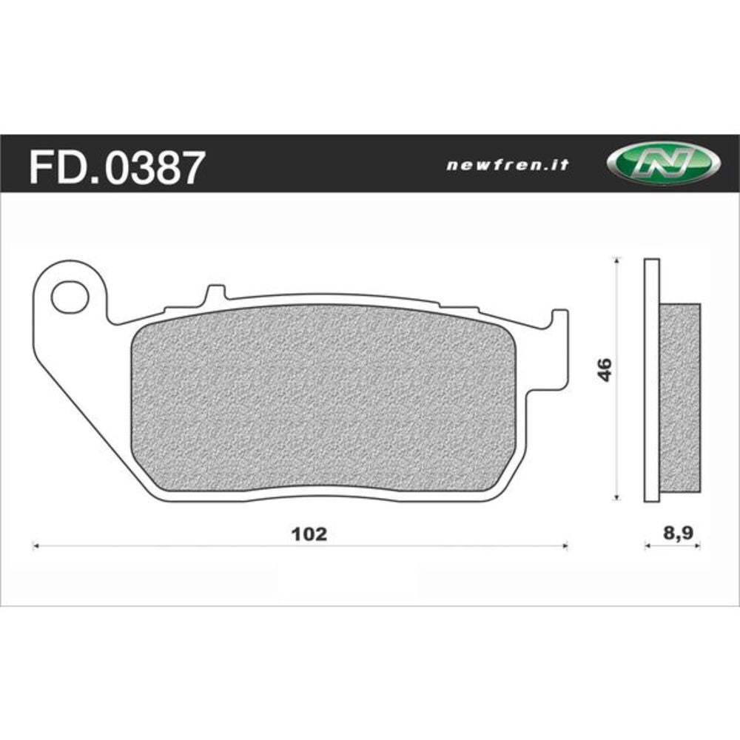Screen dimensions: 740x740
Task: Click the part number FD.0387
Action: [x=115, y=167]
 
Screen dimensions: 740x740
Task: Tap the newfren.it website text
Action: [x=508, y=166]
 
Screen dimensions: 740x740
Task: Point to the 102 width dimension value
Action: [x=310, y=534]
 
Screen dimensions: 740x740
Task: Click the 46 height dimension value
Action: [x=605, y=369]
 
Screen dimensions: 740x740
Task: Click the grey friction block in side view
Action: [x=679, y=400]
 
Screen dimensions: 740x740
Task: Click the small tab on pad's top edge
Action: [x=213, y=293]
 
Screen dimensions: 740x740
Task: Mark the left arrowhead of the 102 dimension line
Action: [x=36, y=547]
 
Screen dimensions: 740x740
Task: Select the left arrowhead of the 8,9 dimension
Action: [x=647, y=547]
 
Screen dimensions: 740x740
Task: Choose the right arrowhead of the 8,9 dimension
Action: [x=699, y=547]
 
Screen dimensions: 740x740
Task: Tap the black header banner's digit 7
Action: [x=188, y=167]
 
